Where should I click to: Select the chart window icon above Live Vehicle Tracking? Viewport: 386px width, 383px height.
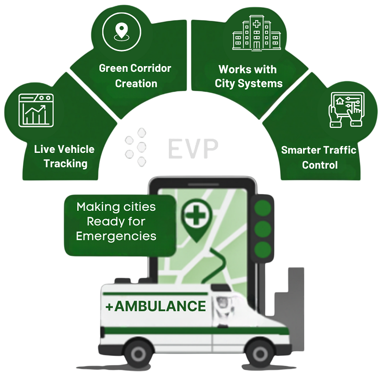(x=35, y=110)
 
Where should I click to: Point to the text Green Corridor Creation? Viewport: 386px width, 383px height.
(x=135, y=76)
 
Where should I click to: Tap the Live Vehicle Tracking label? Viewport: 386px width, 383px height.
(x=65, y=156)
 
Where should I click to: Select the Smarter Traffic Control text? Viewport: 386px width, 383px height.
(x=319, y=157)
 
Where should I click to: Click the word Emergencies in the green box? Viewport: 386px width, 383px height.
(x=116, y=236)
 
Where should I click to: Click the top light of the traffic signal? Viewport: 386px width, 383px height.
(x=263, y=207)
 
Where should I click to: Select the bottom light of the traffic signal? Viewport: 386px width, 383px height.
(x=263, y=249)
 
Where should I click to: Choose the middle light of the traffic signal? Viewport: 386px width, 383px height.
(x=263, y=228)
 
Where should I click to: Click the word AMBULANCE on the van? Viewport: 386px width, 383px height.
(x=159, y=306)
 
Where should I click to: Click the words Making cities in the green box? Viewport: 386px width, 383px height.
(x=116, y=207)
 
